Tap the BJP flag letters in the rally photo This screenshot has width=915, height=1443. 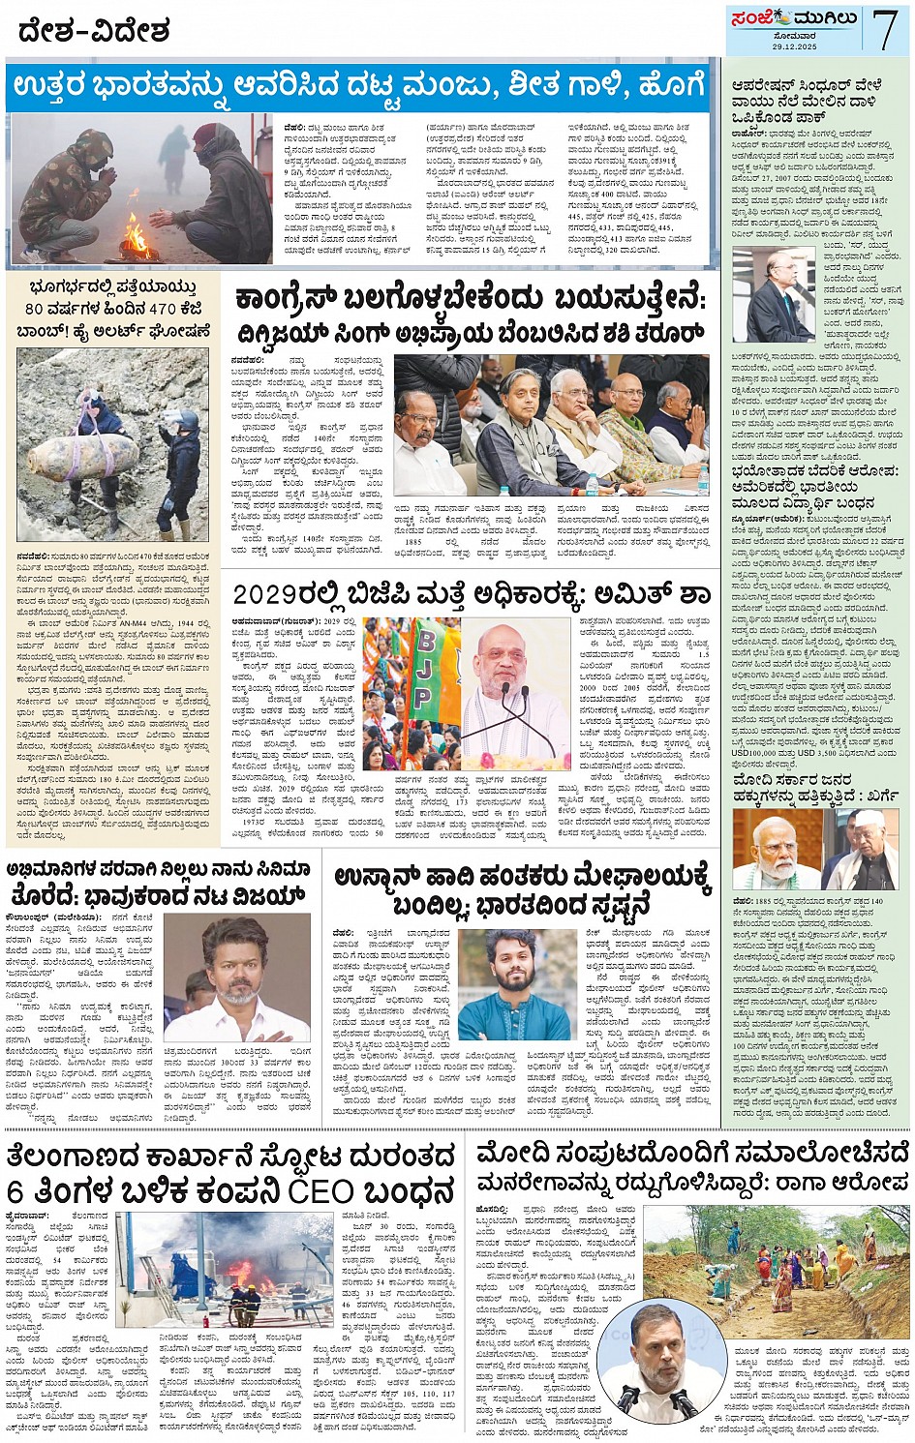pyautogui.click(x=424, y=668)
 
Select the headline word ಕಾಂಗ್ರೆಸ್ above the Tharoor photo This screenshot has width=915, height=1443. pyautogui.click(x=290, y=300)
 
